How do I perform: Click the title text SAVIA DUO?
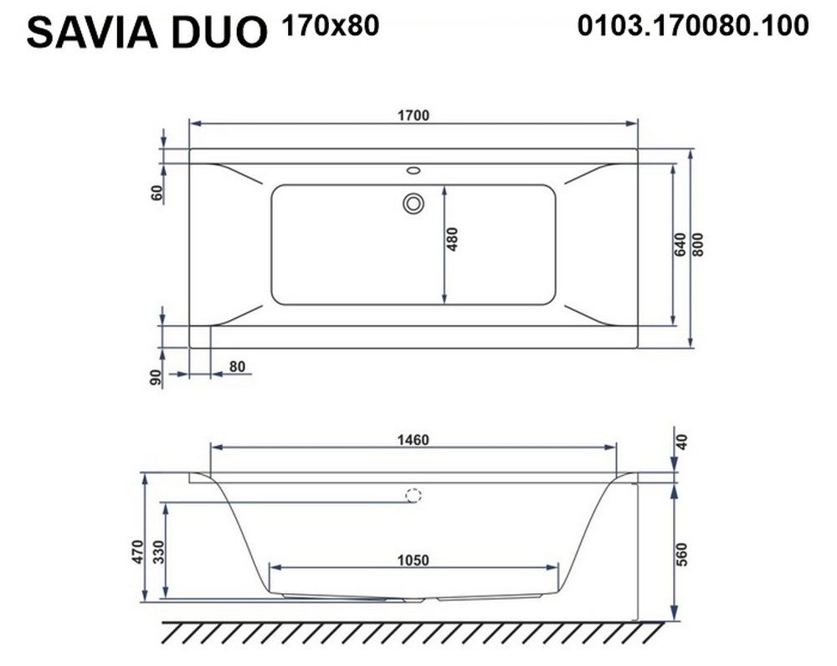pos(146,32)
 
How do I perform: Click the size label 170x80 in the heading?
pos(331,25)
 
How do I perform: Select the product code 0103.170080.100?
pos(693,26)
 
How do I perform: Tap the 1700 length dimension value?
pos(413,116)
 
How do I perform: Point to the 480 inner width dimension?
pos(452,240)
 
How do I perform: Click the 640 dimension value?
pos(680,245)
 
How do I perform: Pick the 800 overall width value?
pos(698,245)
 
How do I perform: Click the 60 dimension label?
pos(157,193)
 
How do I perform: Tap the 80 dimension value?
pos(237,366)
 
